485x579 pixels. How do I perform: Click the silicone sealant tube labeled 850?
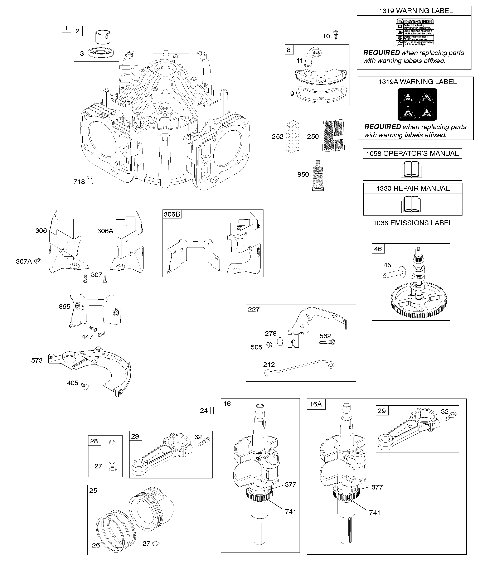pos(318,176)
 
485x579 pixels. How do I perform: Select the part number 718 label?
pos(79,182)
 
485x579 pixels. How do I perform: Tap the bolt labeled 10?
pos(336,36)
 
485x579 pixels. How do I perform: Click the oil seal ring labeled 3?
pos(102,52)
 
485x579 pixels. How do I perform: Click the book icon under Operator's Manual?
pos(411,170)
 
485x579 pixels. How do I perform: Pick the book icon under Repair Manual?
pos(411,204)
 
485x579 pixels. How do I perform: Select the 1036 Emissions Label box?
pos(412,223)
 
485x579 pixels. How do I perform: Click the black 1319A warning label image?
pos(417,104)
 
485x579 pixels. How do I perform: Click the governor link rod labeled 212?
pos(299,367)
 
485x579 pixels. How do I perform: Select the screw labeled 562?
pos(327,342)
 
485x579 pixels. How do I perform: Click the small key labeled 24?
pos(212,411)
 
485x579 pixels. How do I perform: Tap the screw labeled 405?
pos(85,387)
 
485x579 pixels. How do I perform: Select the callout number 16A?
pos(316,404)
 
